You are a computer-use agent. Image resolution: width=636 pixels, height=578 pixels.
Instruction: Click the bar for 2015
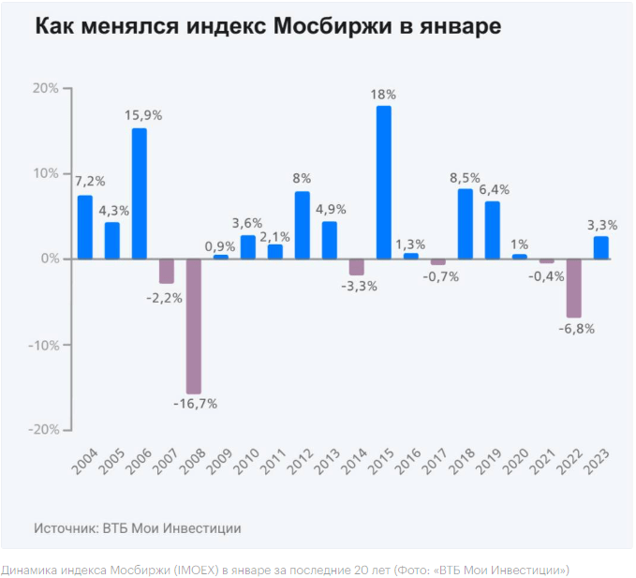(x=384, y=182)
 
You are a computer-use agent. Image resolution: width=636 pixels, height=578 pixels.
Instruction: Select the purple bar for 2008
(x=193, y=326)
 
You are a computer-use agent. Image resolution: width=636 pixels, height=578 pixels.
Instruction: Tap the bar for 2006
(x=139, y=193)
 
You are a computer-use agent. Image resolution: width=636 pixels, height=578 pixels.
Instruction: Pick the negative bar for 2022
(x=573, y=289)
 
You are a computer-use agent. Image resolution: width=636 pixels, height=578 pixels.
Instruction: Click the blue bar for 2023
(x=600, y=247)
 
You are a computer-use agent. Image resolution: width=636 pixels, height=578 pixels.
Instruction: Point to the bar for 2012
(x=302, y=225)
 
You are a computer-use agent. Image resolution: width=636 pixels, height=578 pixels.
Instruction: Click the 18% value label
(x=384, y=95)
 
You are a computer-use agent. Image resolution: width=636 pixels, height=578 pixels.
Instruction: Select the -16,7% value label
(x=195, y=404)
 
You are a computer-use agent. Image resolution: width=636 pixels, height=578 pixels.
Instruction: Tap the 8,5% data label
(x=466, y=176)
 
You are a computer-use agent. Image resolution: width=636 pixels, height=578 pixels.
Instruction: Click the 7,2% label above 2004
(x=90, y=181)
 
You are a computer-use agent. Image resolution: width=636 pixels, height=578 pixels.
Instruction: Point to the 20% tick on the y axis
(x=45, y=88)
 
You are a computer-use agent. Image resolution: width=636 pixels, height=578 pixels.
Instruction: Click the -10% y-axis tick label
(x=43, y=345)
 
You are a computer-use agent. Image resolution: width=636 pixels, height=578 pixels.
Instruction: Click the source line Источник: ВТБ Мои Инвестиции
(x=138, y=527)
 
